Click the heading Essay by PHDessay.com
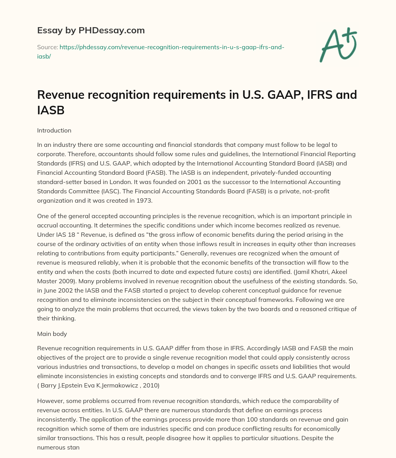click(90, 30)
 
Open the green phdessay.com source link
click(172, 47)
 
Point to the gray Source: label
click(48, 47)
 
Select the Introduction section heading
click(54, 131)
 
